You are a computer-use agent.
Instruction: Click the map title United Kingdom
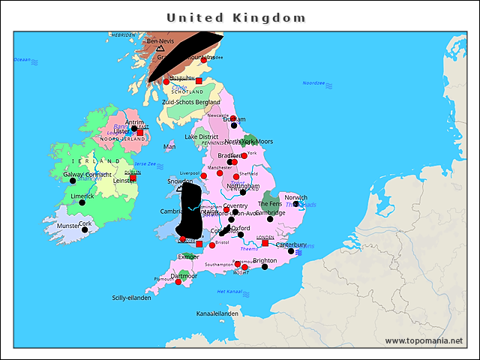(236, 17)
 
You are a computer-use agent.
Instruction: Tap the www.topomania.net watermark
(424, 340)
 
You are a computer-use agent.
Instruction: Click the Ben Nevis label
(163, 41)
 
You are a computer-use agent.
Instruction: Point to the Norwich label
(295, 198)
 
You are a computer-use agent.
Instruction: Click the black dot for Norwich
(295, 204)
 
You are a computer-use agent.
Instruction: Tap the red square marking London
(265, 243)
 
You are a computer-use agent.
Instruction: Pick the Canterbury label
(291, 244)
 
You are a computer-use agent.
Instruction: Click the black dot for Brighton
(265, 267)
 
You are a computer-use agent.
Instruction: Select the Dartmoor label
(184, 275)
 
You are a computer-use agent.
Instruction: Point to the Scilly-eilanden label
(131, 297)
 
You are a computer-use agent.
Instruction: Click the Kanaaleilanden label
(217, 313)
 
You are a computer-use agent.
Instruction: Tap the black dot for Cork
(85, 229)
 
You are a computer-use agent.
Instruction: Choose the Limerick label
(82, 196)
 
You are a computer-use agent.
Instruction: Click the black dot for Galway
(72, 181)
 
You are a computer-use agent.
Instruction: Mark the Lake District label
(202, 137)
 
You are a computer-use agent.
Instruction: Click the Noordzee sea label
(313, 83)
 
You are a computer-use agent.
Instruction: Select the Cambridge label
(271, 212)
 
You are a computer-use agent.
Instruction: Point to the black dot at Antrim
(134, 128)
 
